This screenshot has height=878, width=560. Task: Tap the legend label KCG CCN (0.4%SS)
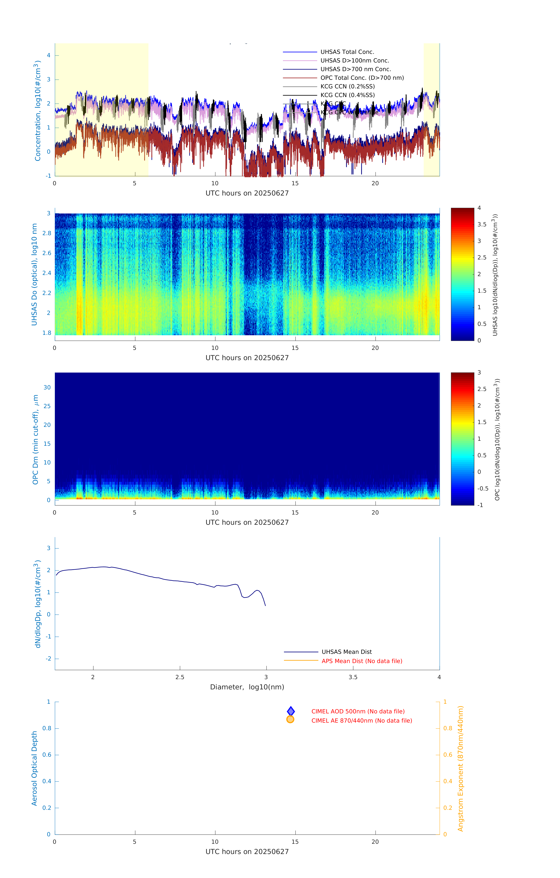pyautogui.click(x=347, y=95)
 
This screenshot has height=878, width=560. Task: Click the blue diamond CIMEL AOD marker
pyautogui.click(x=291, y=711)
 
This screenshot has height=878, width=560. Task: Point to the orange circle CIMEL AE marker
pyautogui.click(x=290, y=719)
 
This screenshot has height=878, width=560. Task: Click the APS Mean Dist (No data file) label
pyautogui.click(x=361, y=661)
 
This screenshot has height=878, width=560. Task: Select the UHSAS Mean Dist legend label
pyautogui.click(x=347, y=652)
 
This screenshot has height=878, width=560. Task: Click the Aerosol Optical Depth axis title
pyautogui.click(x=34, y=768)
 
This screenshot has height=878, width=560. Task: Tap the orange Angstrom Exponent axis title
pyautogui.click(x=460, y=768)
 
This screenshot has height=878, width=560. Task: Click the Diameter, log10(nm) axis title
pyautogui.click(x=247, y=687)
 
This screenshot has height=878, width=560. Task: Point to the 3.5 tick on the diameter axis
pyautogui.click(x=353, y=677)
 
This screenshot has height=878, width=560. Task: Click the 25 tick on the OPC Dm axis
pyautogui.click(x=47, y=406)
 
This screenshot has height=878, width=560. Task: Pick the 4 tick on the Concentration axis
pyautogui.click(x=48, y=55)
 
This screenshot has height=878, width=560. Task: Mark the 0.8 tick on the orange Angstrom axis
pyautogui.click(x=448, y=728)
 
